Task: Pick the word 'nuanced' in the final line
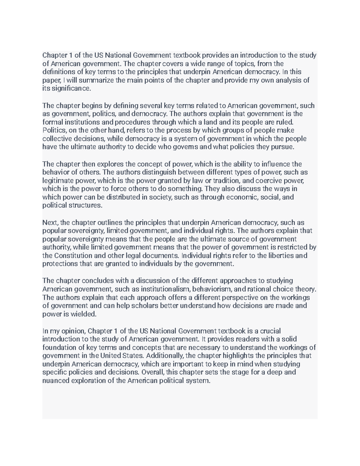coord(56,381)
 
